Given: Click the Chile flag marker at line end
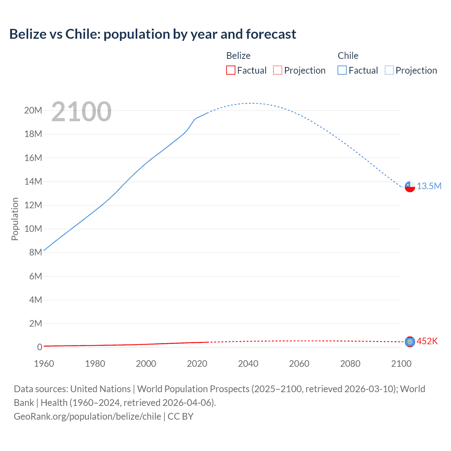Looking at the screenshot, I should point(410,187).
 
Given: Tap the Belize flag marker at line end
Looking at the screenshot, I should point(410,342).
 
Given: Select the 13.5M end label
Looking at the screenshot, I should point(429,186).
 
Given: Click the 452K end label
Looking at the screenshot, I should point(427,341).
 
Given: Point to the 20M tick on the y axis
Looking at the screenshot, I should point(33,111).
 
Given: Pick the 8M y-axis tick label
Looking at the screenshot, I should point(36,252).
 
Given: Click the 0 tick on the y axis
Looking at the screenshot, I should point(39,347).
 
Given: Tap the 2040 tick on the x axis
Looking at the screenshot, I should point(248,364).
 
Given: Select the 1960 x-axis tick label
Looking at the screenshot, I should point(44,364).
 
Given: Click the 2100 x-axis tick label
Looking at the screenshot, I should point(401,364).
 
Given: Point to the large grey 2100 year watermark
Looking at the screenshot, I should point(81,112).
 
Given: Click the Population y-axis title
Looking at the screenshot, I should point(15,219).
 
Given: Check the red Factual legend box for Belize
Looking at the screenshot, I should point(231,70).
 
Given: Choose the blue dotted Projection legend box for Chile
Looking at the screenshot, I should point(389,70).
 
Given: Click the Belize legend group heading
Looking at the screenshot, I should point(238,56).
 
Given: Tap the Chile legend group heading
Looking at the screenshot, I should point(348,56).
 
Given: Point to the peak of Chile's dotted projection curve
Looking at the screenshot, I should point(251,103).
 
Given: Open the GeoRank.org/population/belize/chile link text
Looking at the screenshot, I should point(87,416).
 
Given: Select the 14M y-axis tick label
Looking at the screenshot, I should point(33,181).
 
